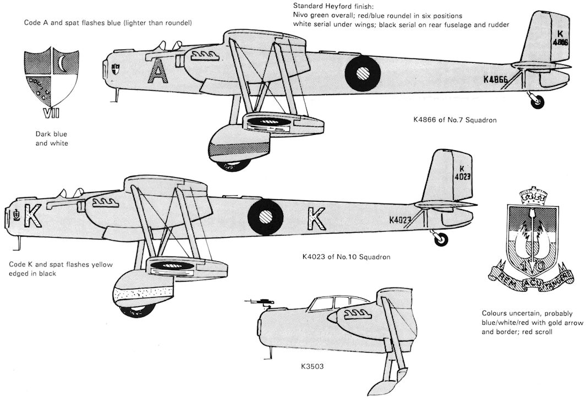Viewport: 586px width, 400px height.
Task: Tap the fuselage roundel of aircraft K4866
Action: pos(363,73)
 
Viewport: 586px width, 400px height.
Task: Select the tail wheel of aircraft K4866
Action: pos(538,102)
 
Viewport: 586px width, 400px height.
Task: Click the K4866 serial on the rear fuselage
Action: pos(496,80)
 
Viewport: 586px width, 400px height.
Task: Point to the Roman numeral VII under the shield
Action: pos(51,114)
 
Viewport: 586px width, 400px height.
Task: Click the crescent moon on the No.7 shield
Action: pos(63,64)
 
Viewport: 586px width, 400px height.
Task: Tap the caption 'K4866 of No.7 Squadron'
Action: pos(455,120)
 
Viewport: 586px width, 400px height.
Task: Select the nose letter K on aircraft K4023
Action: pos(33,216)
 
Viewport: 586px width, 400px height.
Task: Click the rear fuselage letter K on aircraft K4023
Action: pos(316,218)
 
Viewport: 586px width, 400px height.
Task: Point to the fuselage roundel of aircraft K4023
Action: pos(266,217)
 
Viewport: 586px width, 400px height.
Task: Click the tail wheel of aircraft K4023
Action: pos(441,239)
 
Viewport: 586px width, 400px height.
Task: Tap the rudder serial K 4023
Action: pos(462,173)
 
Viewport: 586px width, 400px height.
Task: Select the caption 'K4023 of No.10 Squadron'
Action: pos(347,257)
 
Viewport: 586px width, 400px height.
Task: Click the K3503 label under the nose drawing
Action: pos(312,366)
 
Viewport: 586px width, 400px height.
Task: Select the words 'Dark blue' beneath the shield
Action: pos(51,134)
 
